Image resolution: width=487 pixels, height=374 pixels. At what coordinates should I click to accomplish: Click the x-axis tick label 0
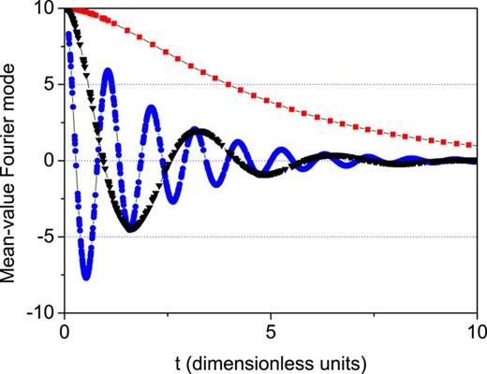tap(65, 330)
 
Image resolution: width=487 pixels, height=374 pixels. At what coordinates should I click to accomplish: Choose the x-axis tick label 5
tap(271, 330)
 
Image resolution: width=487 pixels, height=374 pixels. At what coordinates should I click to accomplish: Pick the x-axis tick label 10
tap(477, 330)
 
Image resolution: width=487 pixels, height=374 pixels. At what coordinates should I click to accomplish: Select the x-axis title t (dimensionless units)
tap(271, 360)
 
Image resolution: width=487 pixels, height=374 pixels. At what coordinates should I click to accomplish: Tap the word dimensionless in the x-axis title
tap(267, 360)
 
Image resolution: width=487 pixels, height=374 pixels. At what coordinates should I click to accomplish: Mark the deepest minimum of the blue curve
tap(86, 277)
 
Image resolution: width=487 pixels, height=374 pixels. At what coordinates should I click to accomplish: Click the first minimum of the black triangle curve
tap(131, 228)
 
